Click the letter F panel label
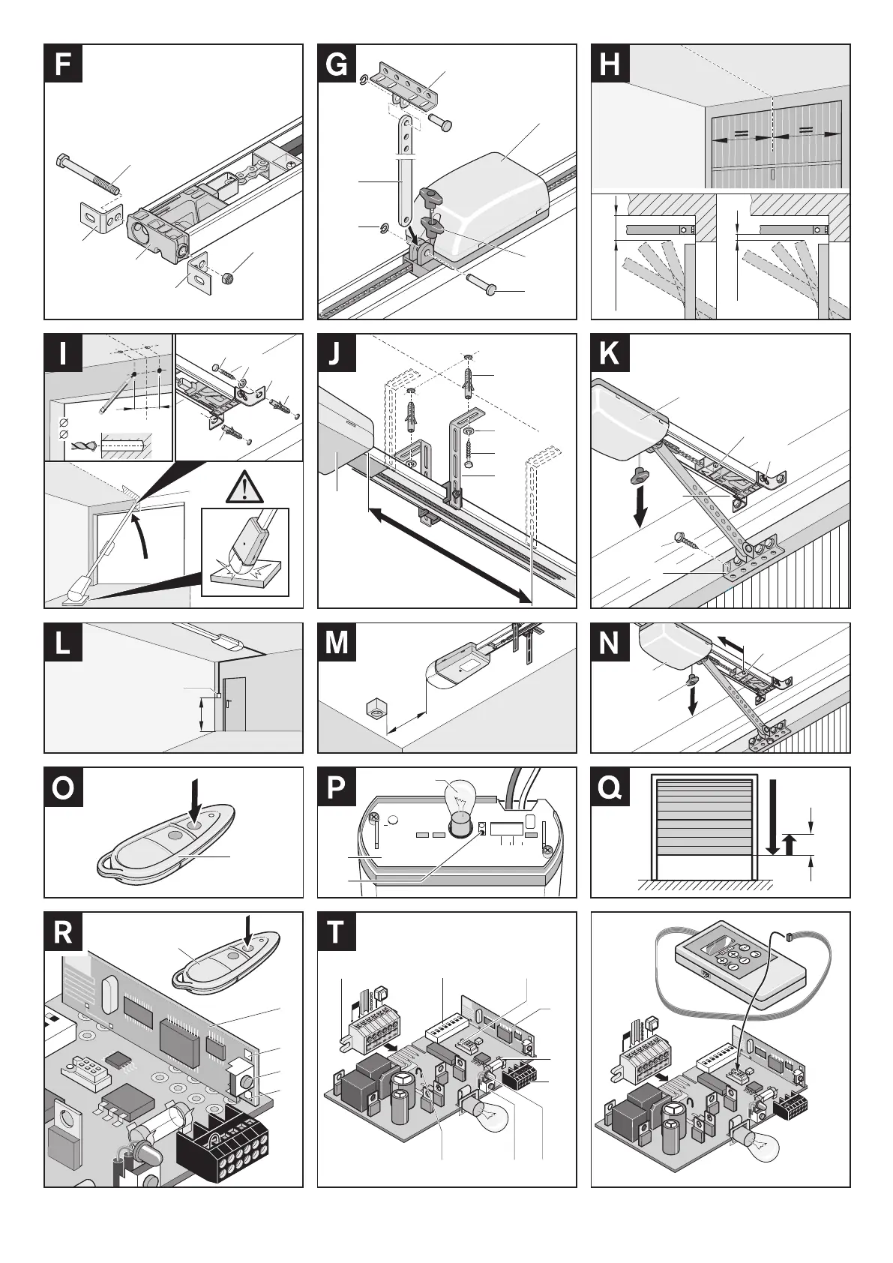click(x=63, y=64)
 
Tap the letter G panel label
click(x=337, y=64)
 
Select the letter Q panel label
click(x=610, y=787)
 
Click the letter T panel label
click(x=337, y=931)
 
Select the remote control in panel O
click(x=169, y=845)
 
